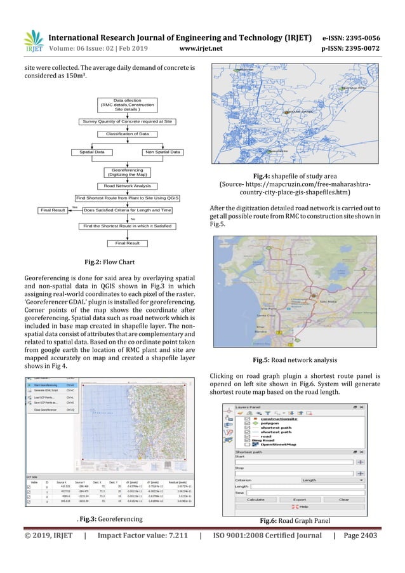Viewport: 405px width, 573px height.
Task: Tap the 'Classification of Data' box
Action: [127, 134]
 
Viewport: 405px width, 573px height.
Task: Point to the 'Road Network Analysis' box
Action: [127, 185]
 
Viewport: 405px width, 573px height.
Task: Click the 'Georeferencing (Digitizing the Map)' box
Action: [127, 172]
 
